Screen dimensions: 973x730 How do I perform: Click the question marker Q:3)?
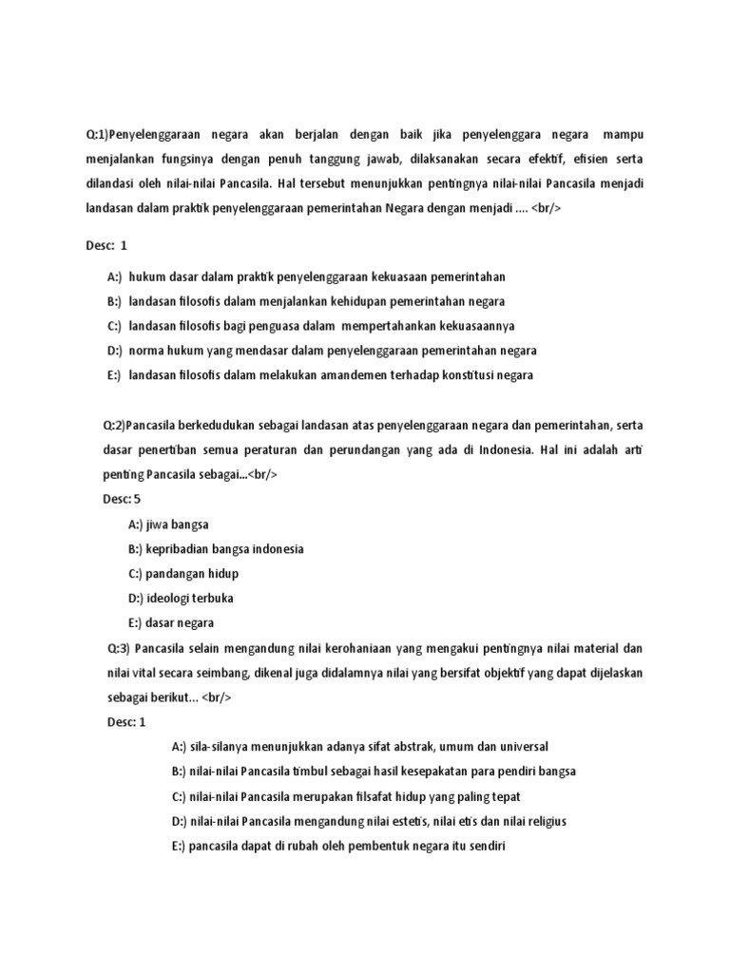pos(118,648)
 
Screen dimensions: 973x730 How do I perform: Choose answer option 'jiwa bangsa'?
pos(167,524)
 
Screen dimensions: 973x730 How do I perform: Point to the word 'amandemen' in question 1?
pos(355,374)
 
